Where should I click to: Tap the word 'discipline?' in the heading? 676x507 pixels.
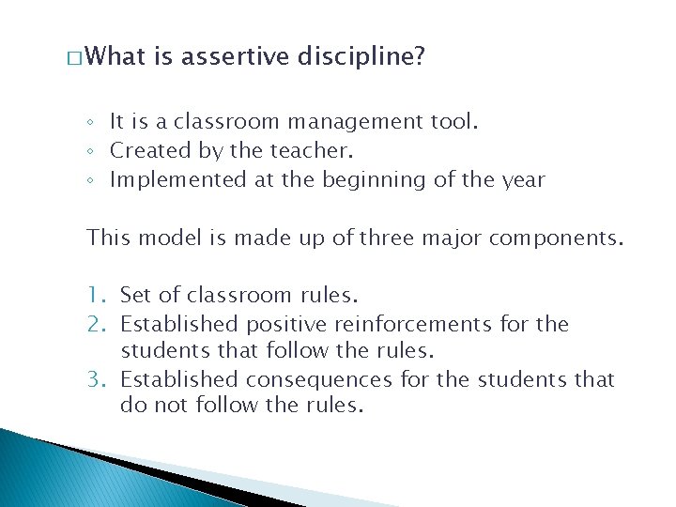(x=360, y=58)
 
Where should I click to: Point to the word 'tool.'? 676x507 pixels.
(x=453, y=122)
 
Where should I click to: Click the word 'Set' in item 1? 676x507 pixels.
(x=135, y=296)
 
